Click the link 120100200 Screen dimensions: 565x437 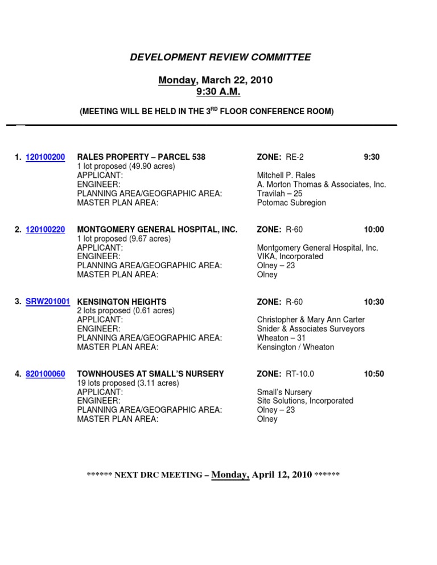[x=46, y=157]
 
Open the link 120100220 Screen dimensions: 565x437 [x=46, y=230]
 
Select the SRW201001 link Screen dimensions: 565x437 [x=48, y=302]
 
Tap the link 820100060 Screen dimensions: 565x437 [x=46, y=374]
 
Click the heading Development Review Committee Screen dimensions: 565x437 [x=221, y=57]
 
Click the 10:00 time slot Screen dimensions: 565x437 [x=374, y=230]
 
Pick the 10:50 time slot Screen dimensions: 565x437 [x=374, y=374]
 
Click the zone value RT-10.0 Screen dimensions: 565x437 [x=300, y=374]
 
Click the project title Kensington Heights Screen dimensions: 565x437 [x=122, y=302]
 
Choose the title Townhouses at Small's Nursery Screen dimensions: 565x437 [x=151, y=374]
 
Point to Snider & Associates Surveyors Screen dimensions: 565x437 [x=311, y=329]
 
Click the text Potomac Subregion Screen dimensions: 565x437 [x=291, y=203]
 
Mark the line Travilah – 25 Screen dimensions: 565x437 [x=280, y=194]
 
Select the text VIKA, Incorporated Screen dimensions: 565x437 [x=290, y=257]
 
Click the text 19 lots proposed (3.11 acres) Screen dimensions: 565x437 [x=128, y=383]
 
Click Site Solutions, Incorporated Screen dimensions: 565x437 [x=305, y=401]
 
